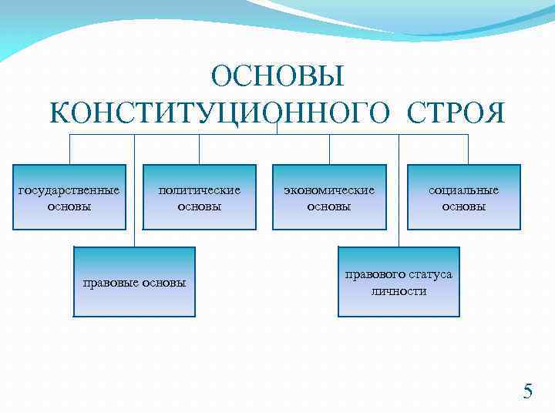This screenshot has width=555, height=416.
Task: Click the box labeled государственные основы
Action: pos(69,197)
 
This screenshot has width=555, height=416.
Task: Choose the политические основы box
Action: pos(200,197)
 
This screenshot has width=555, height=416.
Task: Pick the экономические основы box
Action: pos(329,197)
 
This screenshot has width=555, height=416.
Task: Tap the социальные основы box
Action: pos(464,197)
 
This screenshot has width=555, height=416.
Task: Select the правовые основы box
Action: pos(134,282)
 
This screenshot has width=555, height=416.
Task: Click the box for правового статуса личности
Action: pos(399,282)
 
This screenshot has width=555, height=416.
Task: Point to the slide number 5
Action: pos(527,391)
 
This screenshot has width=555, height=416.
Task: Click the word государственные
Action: pos(69,190)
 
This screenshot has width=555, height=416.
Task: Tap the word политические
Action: pos(200,190)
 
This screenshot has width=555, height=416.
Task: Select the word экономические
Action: pos(329,190)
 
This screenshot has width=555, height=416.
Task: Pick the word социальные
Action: pos(464,190)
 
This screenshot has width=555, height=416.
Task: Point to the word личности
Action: pos(399,291)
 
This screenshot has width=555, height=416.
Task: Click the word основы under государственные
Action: pos(69,206)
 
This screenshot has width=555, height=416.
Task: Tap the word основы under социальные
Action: pos(464,206)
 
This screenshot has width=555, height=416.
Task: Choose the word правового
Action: pos(372,275)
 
